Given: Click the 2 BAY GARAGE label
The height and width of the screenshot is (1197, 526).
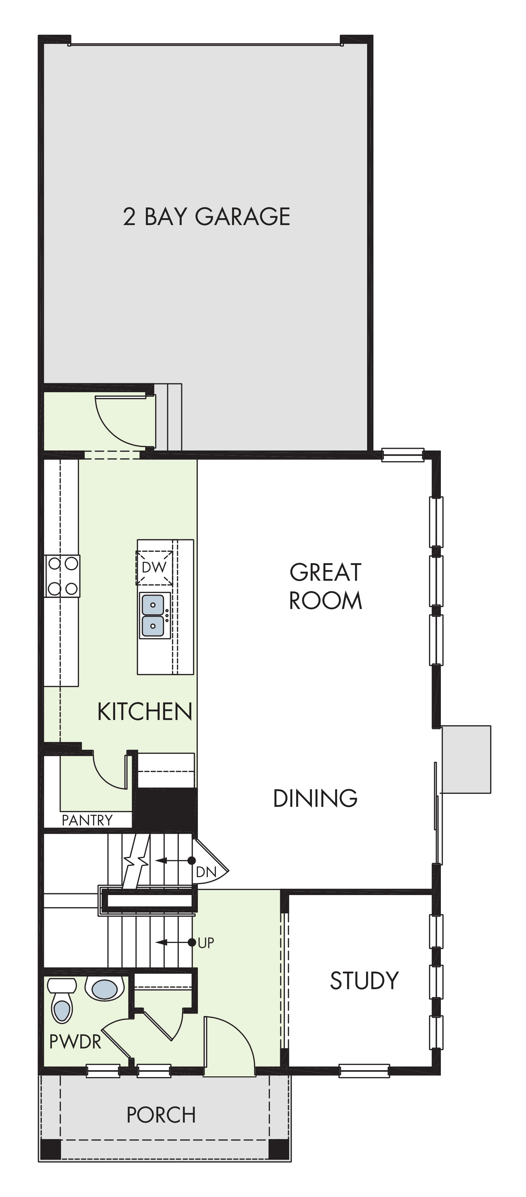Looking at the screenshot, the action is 207,216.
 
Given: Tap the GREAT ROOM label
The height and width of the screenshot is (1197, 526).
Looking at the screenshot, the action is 325,586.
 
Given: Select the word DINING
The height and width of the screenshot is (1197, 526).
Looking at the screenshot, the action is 315,798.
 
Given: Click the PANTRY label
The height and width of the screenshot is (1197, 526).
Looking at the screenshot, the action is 87,820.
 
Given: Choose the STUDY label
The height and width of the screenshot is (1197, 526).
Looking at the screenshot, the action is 364,981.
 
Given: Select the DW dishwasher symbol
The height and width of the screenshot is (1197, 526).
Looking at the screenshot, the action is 154,568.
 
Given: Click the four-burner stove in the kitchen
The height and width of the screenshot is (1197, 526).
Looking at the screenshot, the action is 62,576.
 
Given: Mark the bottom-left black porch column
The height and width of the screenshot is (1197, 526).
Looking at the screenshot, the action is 51,1149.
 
